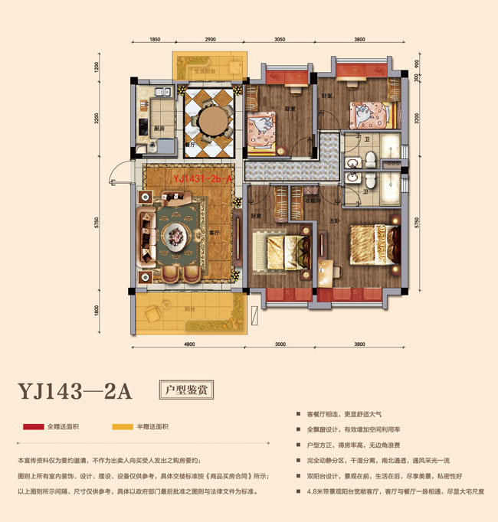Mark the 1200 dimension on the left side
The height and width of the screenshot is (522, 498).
97,67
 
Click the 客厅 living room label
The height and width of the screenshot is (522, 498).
215,230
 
